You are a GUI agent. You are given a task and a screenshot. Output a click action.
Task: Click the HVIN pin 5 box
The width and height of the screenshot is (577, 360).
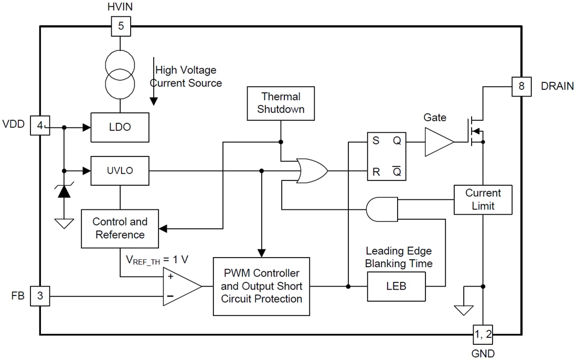pos(121,26)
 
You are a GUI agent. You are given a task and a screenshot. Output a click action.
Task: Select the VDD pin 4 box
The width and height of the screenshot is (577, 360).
pos(40,126)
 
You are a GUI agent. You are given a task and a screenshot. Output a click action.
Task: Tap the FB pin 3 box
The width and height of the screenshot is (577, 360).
pos(40,297)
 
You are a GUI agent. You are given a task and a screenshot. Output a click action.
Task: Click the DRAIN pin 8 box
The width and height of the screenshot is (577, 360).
pos(521,86)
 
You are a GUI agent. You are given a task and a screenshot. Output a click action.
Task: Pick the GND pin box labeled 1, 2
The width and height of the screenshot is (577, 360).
pos(483,333)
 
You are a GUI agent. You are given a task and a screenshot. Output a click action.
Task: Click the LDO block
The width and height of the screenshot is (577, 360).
pos(120,127)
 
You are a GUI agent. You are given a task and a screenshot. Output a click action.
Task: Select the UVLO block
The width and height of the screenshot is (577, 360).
pos(120,171)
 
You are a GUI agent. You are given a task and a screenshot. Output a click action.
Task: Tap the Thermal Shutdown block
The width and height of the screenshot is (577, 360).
pos(281,103)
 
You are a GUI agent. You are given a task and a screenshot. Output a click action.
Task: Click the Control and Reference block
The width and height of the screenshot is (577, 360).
pos(120,228)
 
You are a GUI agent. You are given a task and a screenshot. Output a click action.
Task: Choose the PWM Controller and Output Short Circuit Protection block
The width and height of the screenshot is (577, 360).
pos(261,286)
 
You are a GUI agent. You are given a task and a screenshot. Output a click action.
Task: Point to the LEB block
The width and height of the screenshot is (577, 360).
pos(396,287)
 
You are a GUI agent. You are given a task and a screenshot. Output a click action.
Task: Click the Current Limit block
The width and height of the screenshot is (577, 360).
pos(483,199)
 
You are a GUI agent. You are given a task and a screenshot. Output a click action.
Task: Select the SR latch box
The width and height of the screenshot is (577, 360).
pos(387,156)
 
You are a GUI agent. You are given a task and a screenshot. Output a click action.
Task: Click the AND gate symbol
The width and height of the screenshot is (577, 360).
pos(381,209)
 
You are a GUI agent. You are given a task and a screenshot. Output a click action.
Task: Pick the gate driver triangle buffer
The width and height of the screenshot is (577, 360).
pos(439,142)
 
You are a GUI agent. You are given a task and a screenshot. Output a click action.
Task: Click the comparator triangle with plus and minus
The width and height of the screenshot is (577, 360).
pos(180,286)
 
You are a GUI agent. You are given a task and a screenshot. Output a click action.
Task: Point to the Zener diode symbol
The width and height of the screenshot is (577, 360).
pos(64,192)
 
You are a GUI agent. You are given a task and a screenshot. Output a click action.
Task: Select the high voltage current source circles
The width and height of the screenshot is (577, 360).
pos(121,74)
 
